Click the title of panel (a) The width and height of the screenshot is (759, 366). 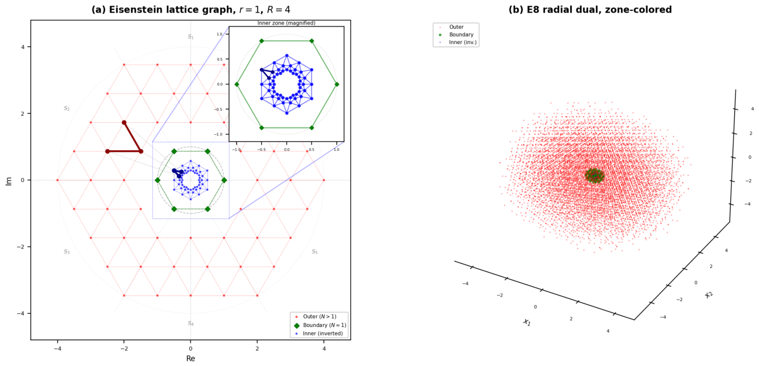191,10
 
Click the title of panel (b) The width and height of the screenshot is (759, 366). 590,10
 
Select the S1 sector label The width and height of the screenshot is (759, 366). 191,37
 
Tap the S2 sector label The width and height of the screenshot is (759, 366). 67,108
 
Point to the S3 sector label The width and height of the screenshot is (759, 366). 67,252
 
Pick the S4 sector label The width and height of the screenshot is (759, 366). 191,324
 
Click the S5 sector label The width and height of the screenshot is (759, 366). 315,252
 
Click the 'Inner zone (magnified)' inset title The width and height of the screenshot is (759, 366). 286,23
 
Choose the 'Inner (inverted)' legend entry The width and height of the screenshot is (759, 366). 319,333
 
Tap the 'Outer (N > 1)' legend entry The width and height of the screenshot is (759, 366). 316,317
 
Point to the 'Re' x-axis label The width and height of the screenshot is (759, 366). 191,359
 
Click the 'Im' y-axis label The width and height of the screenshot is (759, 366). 9,181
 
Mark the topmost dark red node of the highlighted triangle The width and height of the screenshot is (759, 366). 124,122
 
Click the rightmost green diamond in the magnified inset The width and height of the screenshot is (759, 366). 336,84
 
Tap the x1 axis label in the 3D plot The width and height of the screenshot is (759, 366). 527,322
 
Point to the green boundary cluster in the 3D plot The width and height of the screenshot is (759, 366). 594,176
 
